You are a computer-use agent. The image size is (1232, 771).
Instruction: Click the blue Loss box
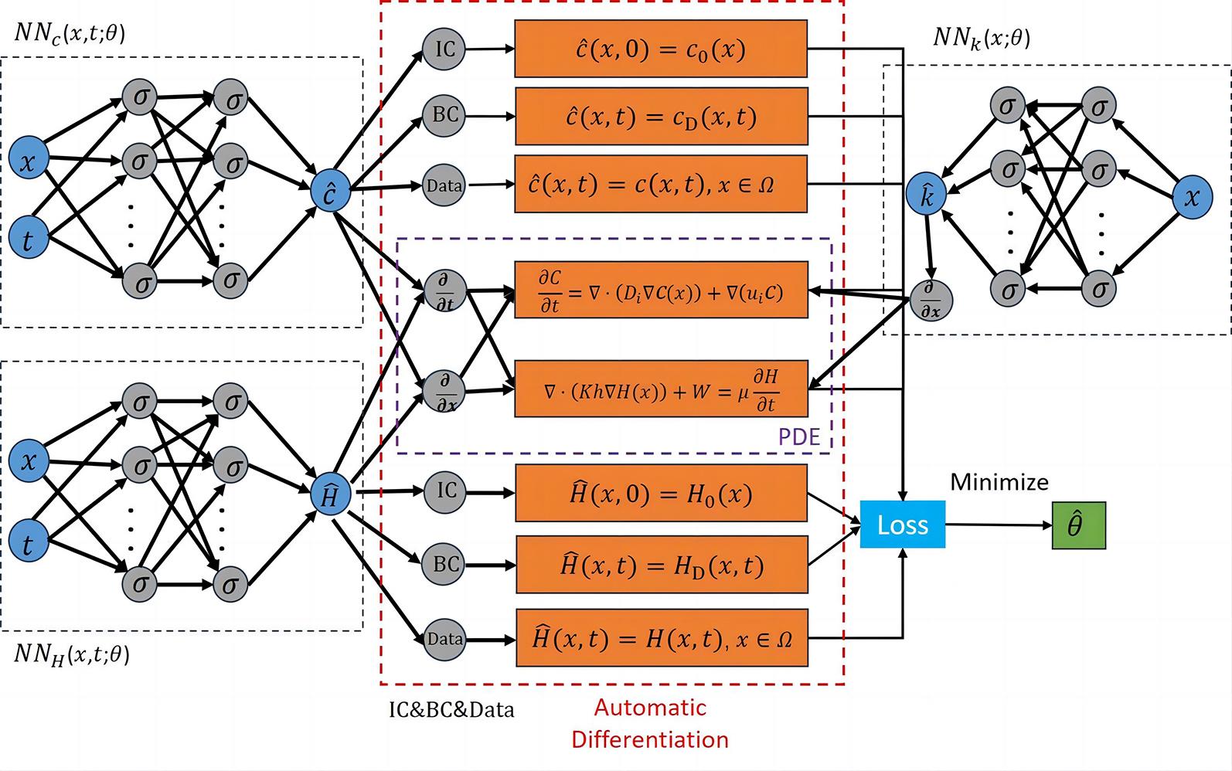(902, 525)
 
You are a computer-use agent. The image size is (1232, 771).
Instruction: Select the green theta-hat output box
(1078, 525)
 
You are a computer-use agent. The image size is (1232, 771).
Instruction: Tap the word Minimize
(999, 482)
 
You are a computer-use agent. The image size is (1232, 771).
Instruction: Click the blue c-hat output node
(330, 191)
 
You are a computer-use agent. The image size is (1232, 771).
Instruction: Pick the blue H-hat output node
(330, 495)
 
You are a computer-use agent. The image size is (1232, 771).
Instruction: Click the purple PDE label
(798, 436)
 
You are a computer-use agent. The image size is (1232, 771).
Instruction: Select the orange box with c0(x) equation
(661, 49)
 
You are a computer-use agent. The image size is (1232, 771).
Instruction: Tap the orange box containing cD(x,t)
(661, 117)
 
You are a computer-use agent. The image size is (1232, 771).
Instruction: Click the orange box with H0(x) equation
(661, 493)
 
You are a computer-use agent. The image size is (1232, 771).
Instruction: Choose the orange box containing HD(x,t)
(661, 565)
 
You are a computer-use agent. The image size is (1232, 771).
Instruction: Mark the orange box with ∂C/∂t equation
(661, 291)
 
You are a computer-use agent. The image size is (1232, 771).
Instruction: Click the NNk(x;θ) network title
(982, 37)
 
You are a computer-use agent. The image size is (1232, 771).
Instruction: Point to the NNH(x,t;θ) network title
(72, 654)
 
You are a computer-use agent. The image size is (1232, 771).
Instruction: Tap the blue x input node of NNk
(1192, 196)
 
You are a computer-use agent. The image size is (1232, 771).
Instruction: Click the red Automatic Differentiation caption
(650, 723)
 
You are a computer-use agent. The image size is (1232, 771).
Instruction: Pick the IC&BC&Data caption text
(451, 709)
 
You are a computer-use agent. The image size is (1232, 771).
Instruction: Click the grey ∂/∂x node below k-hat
(931, 300)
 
